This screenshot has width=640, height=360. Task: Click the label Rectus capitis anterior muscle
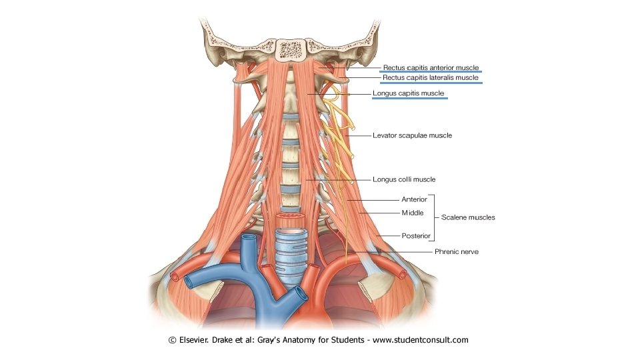[x=431, y=67]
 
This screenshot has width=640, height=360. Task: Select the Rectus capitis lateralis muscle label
[x=431, y=78]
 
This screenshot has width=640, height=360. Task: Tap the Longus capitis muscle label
[x=409, y=93]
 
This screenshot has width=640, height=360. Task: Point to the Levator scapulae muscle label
[x=412, y=135]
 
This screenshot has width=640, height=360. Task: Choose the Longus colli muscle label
[x=404, y=179]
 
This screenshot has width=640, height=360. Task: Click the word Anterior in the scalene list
[x=414, y=199]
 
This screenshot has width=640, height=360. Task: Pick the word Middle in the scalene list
[x=412, y=213]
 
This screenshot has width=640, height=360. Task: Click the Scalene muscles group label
[x=469, y=217]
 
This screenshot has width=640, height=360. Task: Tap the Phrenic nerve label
[x=457, y=252]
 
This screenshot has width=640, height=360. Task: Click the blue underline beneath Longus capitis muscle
[x=409, y=99]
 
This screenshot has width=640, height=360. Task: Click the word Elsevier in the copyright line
[x=194, y=340]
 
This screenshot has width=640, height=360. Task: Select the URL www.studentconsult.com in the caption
[x=420, y=340]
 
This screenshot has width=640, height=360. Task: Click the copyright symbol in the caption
[x=173, y=340]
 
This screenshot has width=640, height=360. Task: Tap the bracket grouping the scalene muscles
[x=434, y=217]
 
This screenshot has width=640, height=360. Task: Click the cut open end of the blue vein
[x=249, y=239]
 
